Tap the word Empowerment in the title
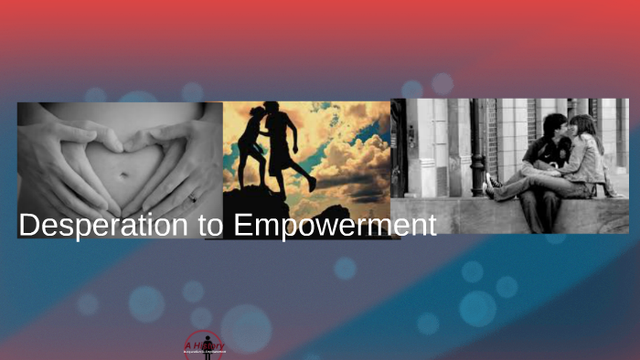[x=335, y=226]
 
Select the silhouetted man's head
[x=273, y=111]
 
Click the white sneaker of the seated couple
[x=491, y=182]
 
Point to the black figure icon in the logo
[x=207, y=350]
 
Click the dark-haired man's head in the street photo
[x=555, y=126]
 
